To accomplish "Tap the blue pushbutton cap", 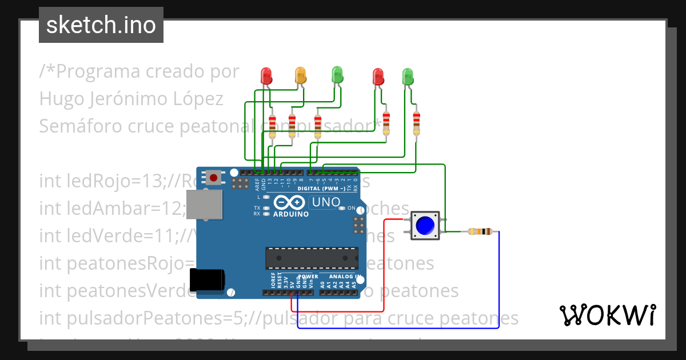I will [x=425, y=226].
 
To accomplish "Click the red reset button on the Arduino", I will [x=214, y=178].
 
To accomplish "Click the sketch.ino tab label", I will [x=101, y=25].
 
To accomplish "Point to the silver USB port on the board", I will [x=204, y=205].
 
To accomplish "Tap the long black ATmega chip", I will [x=312, y=258].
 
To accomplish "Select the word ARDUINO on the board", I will [x=291, y=214].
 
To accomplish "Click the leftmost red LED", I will [x=266, y=75].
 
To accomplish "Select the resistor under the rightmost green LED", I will [x=416, y=123].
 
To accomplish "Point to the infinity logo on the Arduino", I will [x=290, y=203].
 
